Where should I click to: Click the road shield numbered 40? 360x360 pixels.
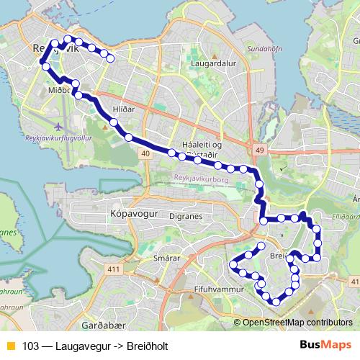[x=146, y=153]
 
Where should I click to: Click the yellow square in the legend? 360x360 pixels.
[x=9, y=346]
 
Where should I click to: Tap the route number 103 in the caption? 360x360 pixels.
[x=30, y=346]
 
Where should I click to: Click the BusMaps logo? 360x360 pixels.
[x=325, y=345]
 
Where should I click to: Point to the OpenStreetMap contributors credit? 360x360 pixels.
[x=297, y=323]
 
